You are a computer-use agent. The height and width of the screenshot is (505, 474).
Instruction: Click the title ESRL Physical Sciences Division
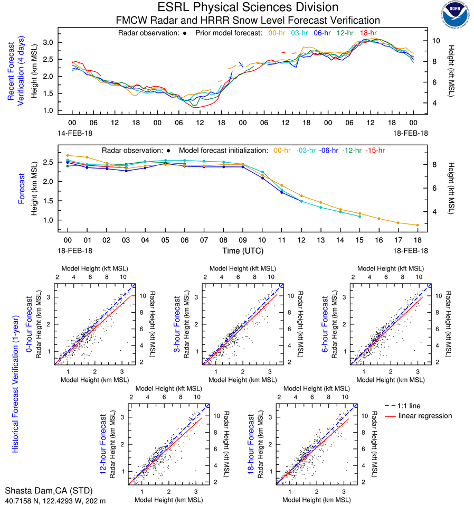248,7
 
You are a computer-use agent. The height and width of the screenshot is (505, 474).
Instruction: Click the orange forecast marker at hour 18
418,225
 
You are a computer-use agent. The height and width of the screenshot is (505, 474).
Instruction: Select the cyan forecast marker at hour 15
359,217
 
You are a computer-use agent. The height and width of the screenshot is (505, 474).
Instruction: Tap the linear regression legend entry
425,416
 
